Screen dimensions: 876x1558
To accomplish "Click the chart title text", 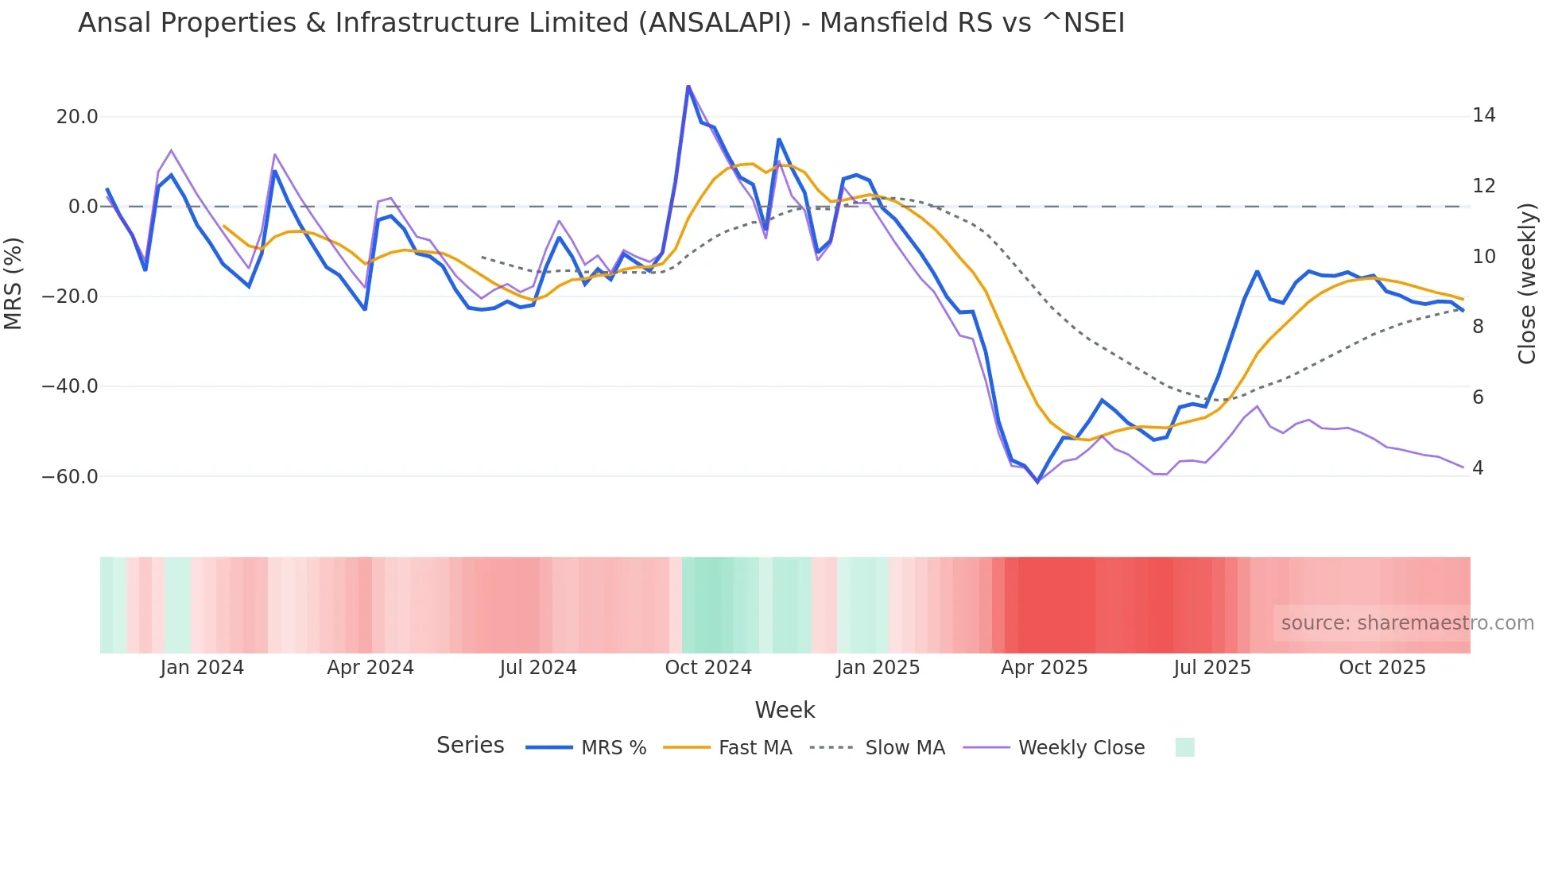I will pos(601,23).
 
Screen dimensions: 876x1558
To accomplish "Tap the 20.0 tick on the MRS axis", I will pos(77,117).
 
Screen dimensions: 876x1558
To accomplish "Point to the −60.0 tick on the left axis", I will pos(70,477).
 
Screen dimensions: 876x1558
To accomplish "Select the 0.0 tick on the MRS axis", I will pos(83,207).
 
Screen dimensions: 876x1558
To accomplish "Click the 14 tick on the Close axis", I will pos(1483,116).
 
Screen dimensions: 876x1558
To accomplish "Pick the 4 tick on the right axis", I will pos(1478,468).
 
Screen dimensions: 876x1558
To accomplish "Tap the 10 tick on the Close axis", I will pos(1483,257).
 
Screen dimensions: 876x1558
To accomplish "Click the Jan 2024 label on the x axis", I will pos(202,668).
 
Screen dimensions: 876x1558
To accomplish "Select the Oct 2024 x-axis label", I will pos(708,668).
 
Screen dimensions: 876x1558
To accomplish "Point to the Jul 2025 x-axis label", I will pos(1212,668).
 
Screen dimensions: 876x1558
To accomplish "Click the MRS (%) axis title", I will pos(14,283).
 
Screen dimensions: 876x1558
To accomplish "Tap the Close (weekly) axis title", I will pos(1526,284).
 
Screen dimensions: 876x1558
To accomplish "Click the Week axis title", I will pos(785,710).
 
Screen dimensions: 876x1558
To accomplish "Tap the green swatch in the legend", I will pos(1184,747).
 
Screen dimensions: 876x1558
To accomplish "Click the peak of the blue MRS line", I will pos(688,86).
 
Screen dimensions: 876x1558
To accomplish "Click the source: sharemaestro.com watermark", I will pos(1407,623).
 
